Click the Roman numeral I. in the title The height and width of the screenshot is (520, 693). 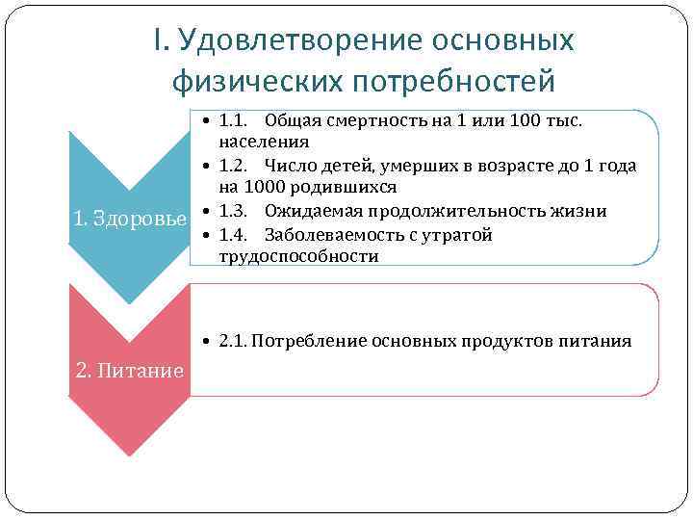click(x=160, y=40)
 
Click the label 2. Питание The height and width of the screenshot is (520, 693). click(x=130, y=370)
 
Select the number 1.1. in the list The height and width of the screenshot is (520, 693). click(x=234, y=120)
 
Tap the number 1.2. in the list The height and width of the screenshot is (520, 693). click(x=234, y=166)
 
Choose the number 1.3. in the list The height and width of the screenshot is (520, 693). click(x=234, y=211)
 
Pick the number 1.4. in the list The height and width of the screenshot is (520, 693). click(x=234, y=235)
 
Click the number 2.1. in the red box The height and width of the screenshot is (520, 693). click(x=234, y=341)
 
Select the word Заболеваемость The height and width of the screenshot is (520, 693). click(x=330, y=235)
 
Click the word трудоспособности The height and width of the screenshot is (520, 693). click(x=298, y=256)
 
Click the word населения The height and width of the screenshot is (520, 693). click(x=264, y=142)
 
